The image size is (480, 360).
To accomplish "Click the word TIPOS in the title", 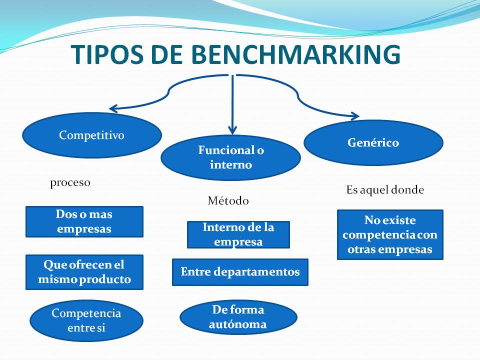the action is (x=107, y=54).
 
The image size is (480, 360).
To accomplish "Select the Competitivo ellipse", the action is (x=92, y=135).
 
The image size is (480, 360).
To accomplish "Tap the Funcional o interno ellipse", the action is (x=231, y=157).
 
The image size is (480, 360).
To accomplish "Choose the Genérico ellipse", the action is (x=373, y=142).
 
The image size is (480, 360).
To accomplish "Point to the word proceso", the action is (x=70, y=183).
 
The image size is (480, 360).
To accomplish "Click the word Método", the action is (x=228, y=201).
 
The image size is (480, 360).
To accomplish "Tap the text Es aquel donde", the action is (x=385, y=190).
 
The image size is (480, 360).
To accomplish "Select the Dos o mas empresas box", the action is (x=84, y=221).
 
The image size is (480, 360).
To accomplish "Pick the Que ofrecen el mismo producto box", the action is (x=84, y=272).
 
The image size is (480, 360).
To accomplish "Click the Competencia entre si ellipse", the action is (x=86, y=320).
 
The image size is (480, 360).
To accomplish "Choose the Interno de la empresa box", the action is (x=238, y=234).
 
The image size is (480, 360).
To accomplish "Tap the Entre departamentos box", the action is (x=240, y=272).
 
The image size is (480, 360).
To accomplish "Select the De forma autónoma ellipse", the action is (x=238, y=317).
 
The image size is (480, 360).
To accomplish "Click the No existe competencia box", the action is (x=390, y=235).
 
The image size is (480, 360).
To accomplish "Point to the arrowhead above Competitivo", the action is (x=112, y=108).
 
